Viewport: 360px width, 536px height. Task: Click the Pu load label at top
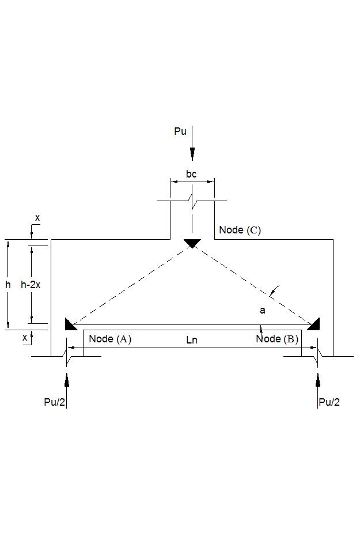(x=180, y=131)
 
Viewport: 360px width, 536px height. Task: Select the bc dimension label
(x=191, y=174)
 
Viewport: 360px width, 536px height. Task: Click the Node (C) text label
(x=240, y=230)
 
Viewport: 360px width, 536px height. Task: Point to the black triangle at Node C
(x=192, y=243)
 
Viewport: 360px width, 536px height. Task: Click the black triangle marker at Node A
(x=70, y=325)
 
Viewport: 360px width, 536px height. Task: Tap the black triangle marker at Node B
(x=314, y=325)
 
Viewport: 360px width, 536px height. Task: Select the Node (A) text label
(x=110, y=339)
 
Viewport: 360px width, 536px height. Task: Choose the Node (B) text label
(x=277, y=339)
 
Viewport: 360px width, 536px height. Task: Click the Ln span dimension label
(x=192, y=340)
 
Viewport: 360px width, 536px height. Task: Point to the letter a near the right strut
(x=263, y=311)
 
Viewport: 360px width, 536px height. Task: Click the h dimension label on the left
(x=8, y=285)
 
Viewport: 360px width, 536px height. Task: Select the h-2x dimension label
(x=31, y=285)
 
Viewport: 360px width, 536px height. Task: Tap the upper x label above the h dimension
(x=37, y=218)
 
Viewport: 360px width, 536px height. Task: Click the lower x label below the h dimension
(x=25, y=338)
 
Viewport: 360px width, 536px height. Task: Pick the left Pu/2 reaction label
(x=55, y=402)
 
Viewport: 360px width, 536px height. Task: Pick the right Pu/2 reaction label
(x=329, y=402)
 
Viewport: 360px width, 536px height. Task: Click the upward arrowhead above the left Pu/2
(x=67, y=379)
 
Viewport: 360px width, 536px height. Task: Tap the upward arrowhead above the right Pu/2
(x=317, y=379)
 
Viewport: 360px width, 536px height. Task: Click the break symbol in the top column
(x=192, y=202)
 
